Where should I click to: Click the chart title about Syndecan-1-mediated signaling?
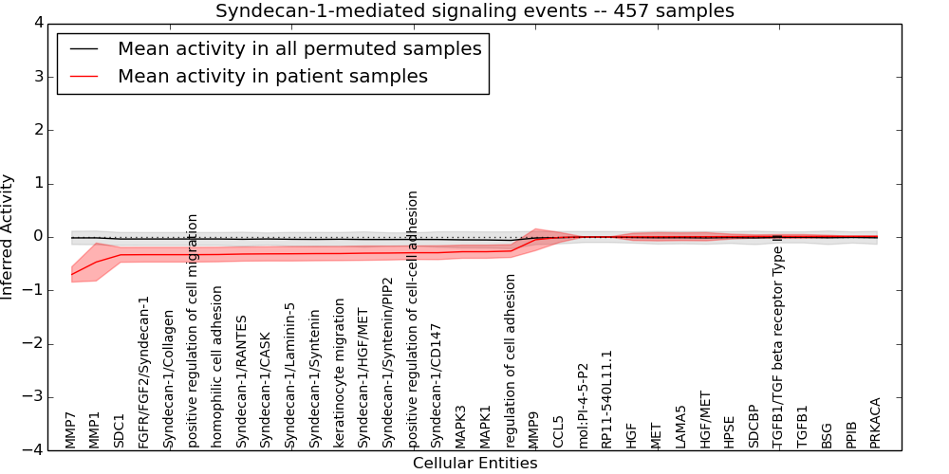pyautogui.click(x=474, y=11)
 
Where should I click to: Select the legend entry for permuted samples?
pyautogui.click(x=299, y=48)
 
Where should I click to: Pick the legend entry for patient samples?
pyautogui.click(x=272, y=76)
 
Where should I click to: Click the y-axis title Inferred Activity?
pyautogui.click(x=9, y=237)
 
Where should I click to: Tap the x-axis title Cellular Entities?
pyautogui.click(x=474, y=463)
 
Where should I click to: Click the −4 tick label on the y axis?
pyautogui.click(x=34, y=450)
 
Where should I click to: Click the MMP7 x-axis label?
pyautogui.click(x=71, y=429)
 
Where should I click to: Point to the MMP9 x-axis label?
pyautogui.click(x=533, y=429)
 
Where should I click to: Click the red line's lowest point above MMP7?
pyautogui.click(x=72, y=275)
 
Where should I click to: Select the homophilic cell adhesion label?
pyautogui.click(x=217, y=367)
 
